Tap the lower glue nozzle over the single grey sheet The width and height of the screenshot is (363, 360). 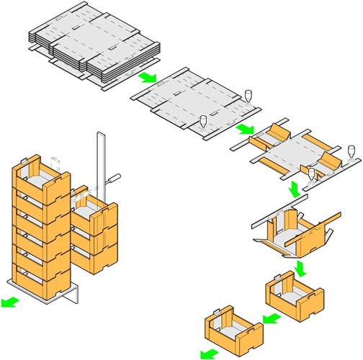[204, 122]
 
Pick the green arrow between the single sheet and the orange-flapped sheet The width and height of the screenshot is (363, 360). [246, 129]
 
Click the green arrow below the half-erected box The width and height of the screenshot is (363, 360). [302, 268]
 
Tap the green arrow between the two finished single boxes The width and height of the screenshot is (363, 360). [270, 317]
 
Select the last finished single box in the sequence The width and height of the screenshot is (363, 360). [234, 330]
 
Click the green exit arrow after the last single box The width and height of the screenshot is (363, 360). [208, 352]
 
